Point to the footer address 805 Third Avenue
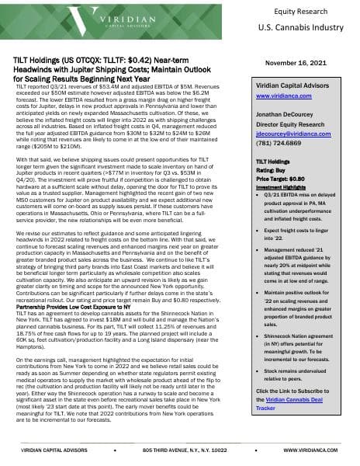click(178, 449)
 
